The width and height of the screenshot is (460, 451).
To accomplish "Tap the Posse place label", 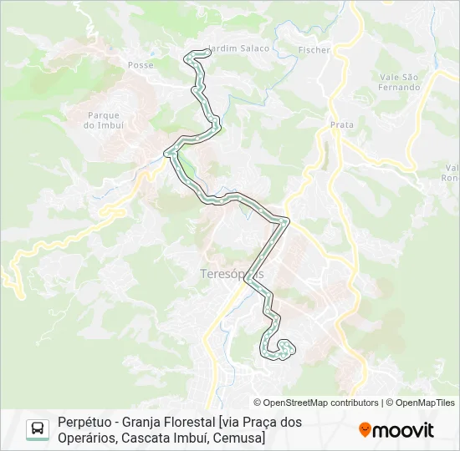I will [x=141, y=64].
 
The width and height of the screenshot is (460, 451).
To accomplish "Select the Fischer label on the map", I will [x=314, y=50].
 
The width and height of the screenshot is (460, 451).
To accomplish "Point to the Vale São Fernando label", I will [x=398, y=82].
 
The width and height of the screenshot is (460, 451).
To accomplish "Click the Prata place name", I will [x=342, y=124].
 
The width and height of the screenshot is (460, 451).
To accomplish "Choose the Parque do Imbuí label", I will [x=104, y=120].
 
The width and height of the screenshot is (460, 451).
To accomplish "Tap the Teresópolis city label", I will [x=233, y=274].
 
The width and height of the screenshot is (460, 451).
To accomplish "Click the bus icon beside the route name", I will [x=38, y=429].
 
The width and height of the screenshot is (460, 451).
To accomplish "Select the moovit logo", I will [x=396, y=430].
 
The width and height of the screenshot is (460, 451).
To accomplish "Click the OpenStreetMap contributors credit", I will [x=321, y=403].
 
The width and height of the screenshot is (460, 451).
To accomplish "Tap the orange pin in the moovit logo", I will [x=365, y=430].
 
